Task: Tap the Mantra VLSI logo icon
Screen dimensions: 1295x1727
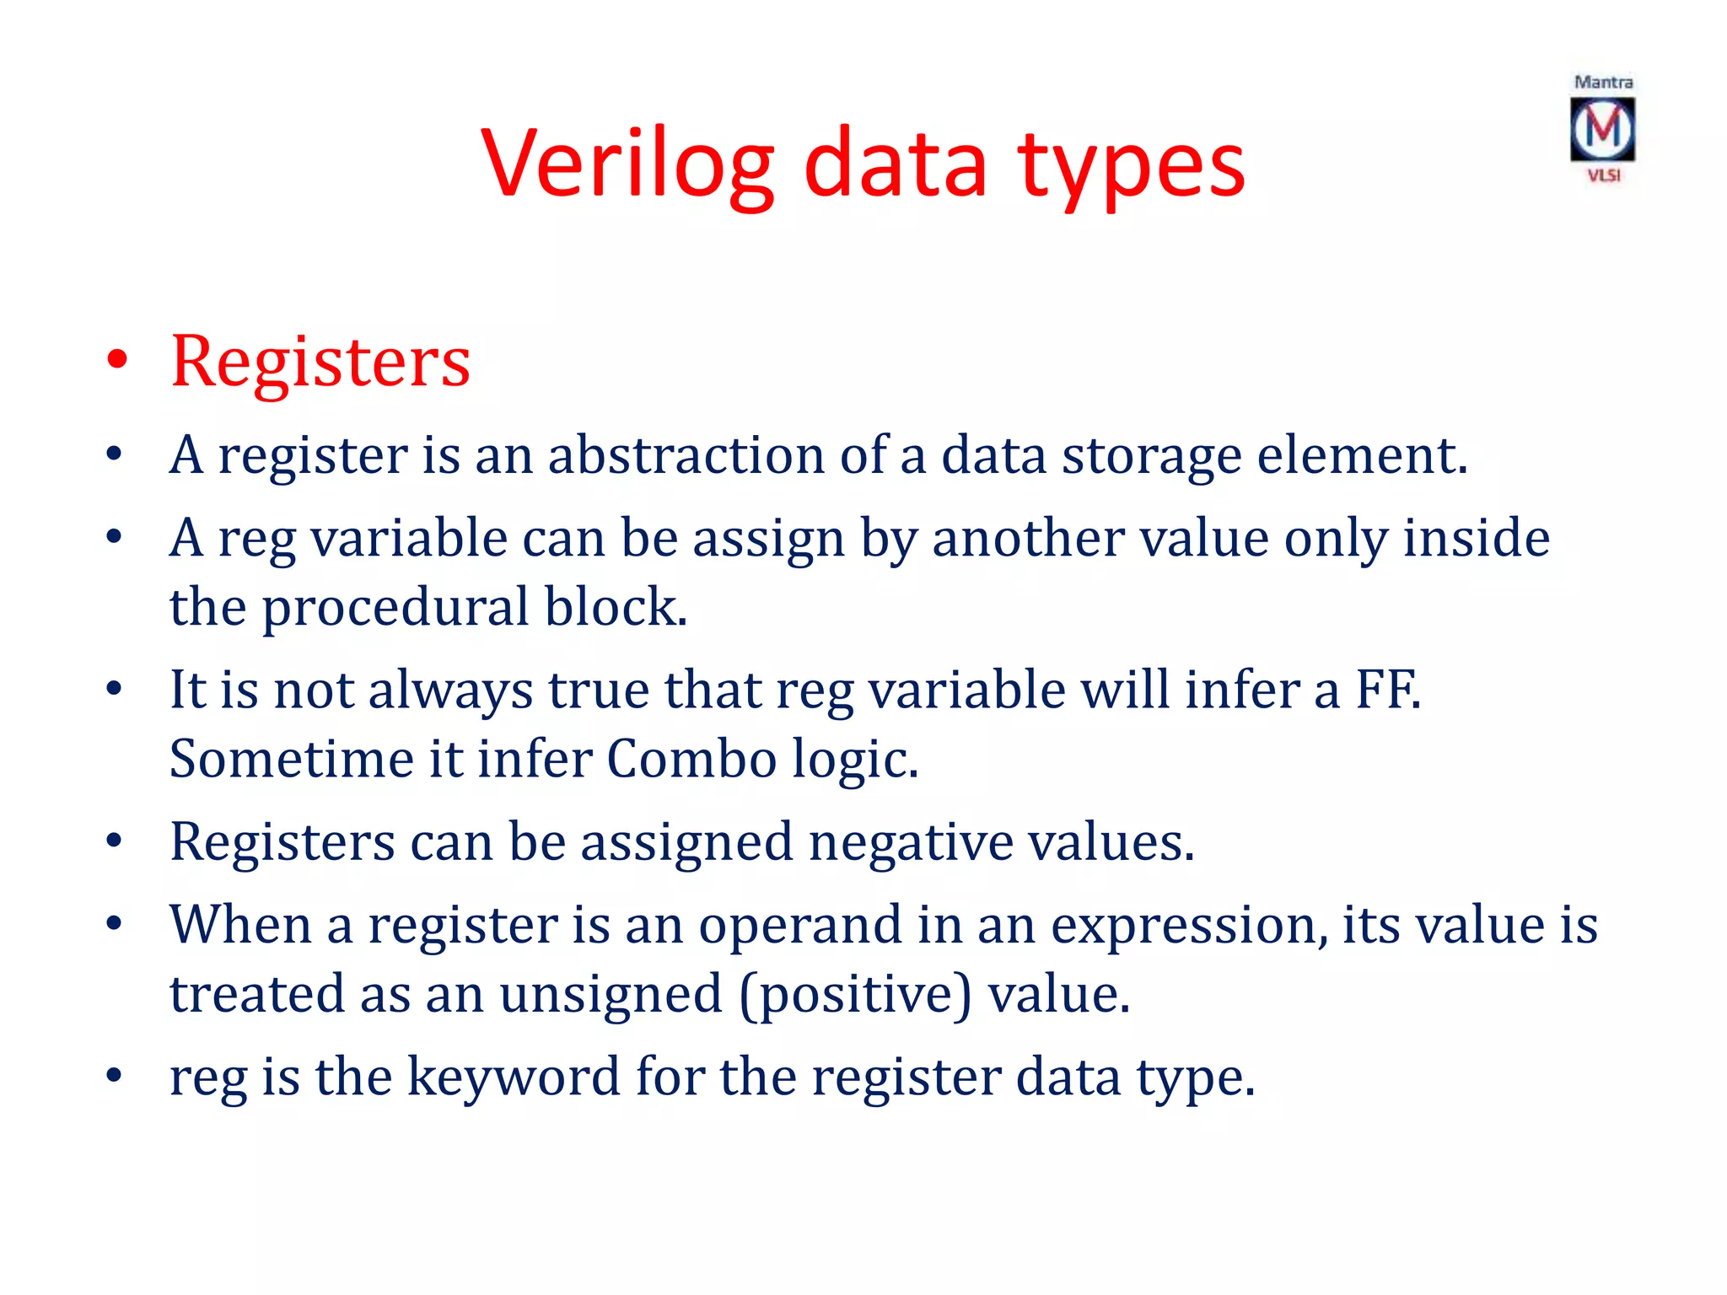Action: [x=1602, y=129]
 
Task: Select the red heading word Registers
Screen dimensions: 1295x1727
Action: [x=320, y=363]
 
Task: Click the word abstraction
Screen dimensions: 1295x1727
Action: [x=686, y=455]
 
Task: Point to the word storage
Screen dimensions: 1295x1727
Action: [x=1151, y=457]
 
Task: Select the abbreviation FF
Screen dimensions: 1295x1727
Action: [x=1386, y=690]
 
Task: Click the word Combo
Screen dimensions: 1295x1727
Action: [x=691, y=759]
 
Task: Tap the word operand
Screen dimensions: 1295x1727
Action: [x=800, y=926]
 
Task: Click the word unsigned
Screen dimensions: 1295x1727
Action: [x=611, y=995]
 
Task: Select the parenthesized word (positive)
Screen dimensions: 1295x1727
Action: [x=855, y=995]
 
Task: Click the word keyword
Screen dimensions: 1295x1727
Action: [x=514, y=1077]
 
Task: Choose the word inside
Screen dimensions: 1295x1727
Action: [x=1476, y=538]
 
